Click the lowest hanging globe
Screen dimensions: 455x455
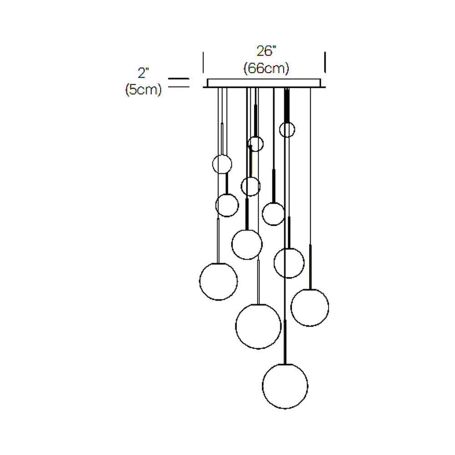pyautogui.click(x=285, y=386)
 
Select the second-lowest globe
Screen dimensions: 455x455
pyautogui.click(x=258, y=326)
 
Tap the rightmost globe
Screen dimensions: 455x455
pyautogui.click(x=310, y=308)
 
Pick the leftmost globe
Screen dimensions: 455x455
pyautogui.click(x=218, y=281)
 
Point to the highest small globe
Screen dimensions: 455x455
pyautogui.click(x=287, y=129)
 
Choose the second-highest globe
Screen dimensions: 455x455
pyautogui.click(x=256, y=144)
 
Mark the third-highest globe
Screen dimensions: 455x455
pyautogui.click(x=222, y=164)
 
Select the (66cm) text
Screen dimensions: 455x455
pyautogui.click(x=266, y=68)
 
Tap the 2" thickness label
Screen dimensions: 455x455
pyautogui.click(x=144, y=72)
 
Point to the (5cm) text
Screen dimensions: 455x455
pyautogui.click(x=143, y=90)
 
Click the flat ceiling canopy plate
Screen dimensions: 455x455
pyautogui.click(x=264, y=83)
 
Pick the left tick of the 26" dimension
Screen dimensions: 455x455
pyautogui.click(x=203, y=62)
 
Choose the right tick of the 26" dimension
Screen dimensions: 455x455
pyautogui.click(x=325, y=62)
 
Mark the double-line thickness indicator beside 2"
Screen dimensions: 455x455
pyautogui.click(x=179, y=83)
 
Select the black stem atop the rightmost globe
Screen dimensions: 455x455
pyautogui.click(x=310, y=268)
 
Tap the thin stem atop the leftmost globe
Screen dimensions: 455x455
pyautogui.click(x=218, y=241)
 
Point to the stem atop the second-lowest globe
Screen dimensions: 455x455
pyautogui.click(x=258, y=282)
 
